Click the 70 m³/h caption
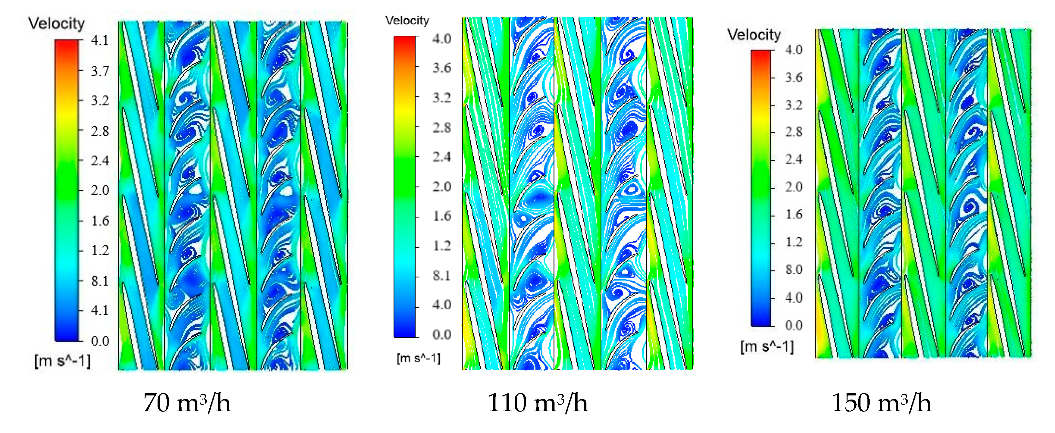click(187, 403)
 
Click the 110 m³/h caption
click(537, 403)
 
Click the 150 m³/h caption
click(881, 403)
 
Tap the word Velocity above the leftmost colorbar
click(57, 23)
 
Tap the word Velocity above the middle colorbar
click(407, 21)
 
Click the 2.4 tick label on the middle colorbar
click(441, 157)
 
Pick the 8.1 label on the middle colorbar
click(441, 276)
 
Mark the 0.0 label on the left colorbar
click(100, 341)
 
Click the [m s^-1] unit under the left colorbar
click(62, 361)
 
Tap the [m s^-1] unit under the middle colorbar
click(418, 359)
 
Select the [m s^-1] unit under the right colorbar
click(767, 347)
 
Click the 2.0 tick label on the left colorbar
click(100, 190)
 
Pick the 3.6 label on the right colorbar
click(793, 78)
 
